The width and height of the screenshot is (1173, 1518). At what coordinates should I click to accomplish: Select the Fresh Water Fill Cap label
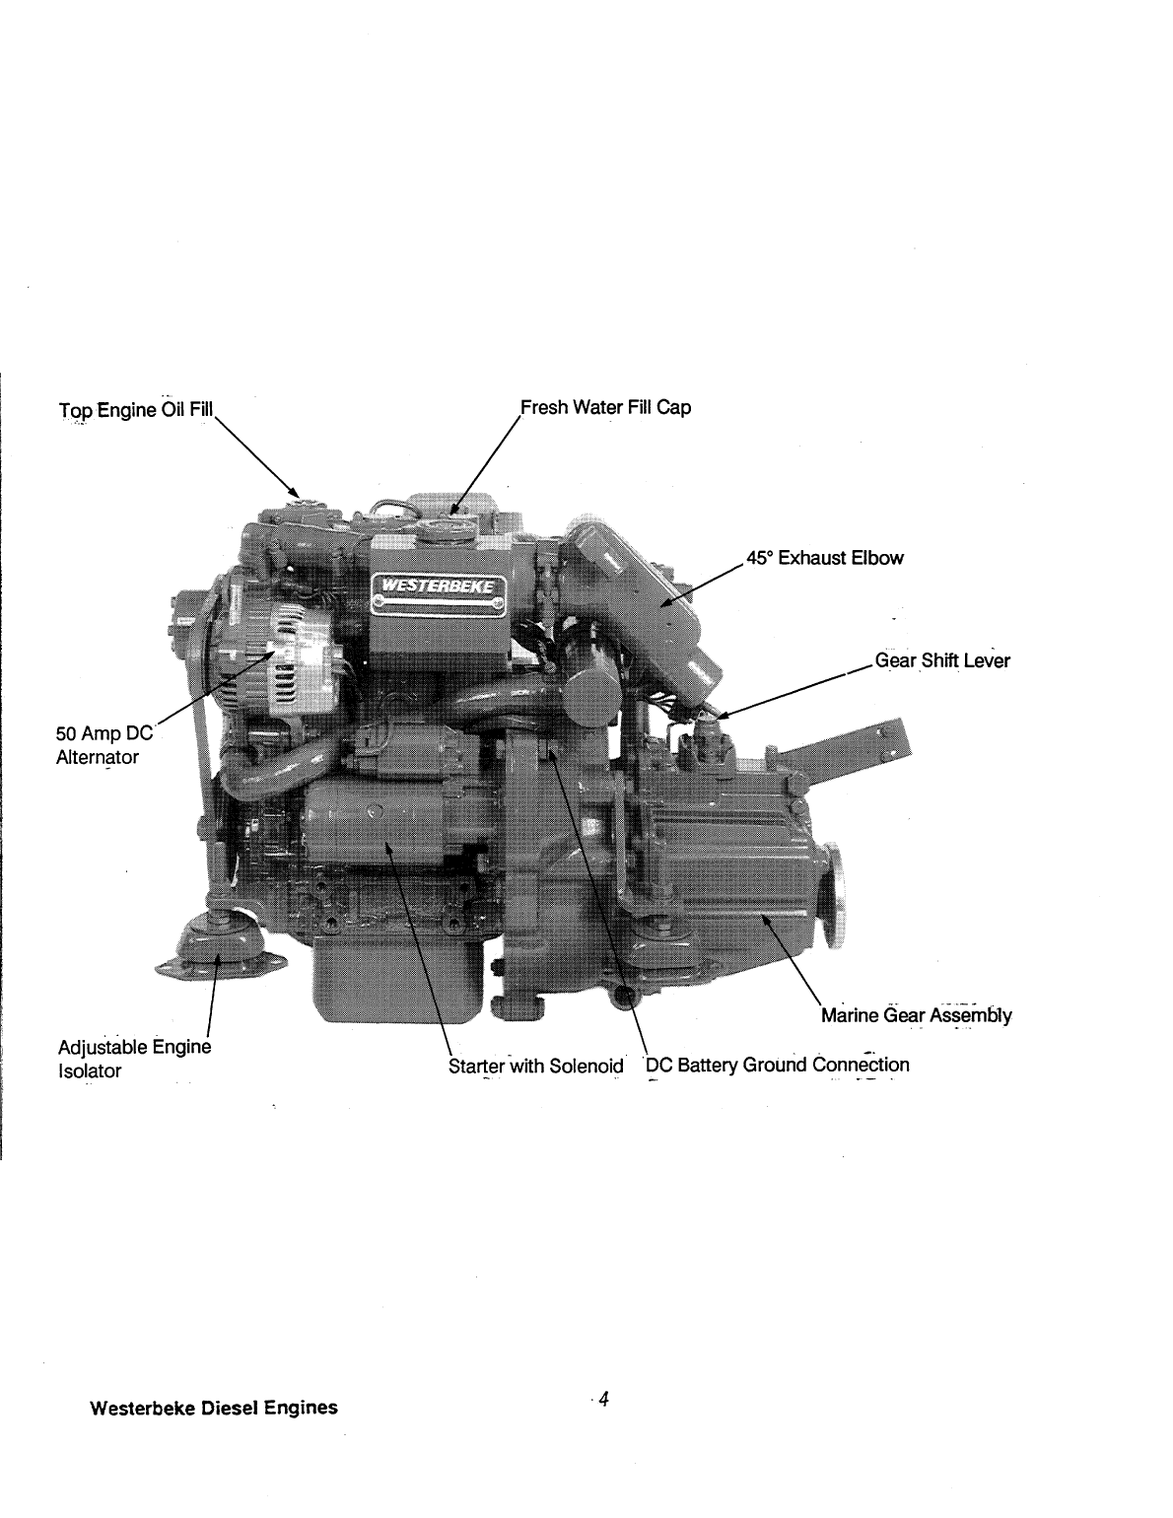click(605, 407)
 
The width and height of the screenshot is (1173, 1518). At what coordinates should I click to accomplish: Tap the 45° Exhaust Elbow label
click(824, 558)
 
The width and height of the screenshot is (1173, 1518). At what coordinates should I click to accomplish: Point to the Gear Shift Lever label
click(941, 660)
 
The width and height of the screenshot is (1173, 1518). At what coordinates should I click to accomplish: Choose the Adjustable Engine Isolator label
click(134, 1058)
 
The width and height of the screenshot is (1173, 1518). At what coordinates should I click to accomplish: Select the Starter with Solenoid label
click(535, 1066)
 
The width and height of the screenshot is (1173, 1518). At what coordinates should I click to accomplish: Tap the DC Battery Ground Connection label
click(777, 1065)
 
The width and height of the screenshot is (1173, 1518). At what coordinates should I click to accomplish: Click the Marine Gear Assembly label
click(916, 1015)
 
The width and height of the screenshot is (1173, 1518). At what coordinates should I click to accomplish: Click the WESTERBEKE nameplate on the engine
click(439, 590)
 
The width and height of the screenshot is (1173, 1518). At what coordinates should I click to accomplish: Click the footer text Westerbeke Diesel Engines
click(213, 1408)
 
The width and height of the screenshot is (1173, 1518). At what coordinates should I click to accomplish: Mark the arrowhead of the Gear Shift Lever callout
click(718, 715)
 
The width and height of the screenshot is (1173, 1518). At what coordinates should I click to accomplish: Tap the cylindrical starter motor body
click(370, 824)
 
